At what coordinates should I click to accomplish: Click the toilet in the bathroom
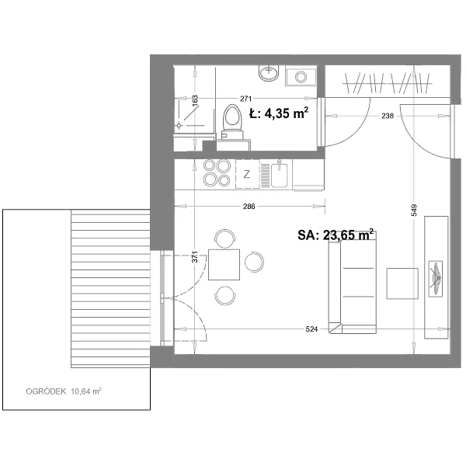click(233, 122)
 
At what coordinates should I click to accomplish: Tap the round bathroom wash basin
click(269, 72)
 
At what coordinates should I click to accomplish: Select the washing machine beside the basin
click(301, 76)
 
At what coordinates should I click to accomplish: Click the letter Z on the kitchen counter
click(247, 174)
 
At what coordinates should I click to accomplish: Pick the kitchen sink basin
click(279, 175)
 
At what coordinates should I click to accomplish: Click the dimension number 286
click(249, 207)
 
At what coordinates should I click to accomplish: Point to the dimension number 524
click(311, 329)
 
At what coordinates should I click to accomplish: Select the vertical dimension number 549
click(415, 210)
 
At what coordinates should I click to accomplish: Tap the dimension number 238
click(388, 116)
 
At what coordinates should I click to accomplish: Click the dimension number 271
click(245, 99)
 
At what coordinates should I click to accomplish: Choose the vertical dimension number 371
click(195, 257)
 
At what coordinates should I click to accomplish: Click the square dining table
click(224, 265)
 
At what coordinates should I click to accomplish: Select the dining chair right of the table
click(255, 262)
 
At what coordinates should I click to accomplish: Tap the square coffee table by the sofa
click(402, 283)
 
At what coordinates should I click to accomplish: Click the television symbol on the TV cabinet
click(436, 279)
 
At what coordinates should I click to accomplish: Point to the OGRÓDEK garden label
click(46, 391)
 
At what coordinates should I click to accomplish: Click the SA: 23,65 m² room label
click(336, 235)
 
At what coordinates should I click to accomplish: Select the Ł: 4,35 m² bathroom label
click(279, 113)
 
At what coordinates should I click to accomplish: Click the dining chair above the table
click(225, 238)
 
